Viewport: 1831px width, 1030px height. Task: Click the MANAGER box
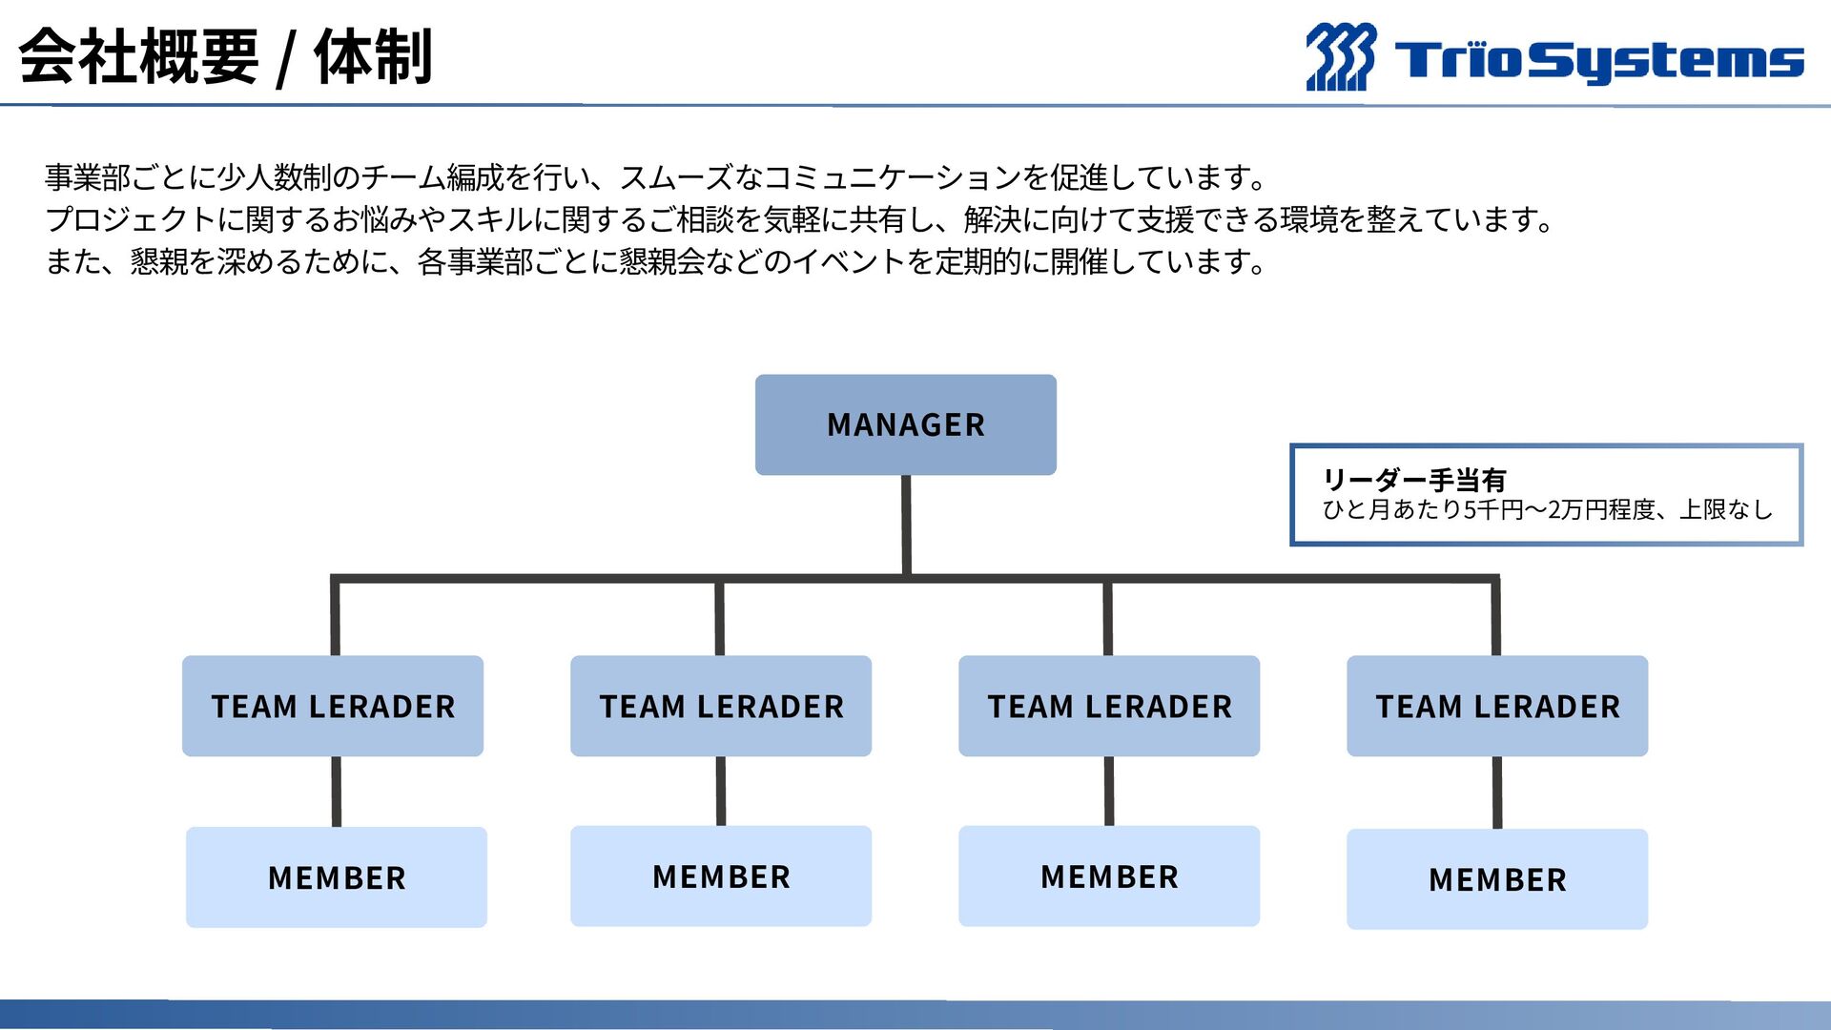[905, 424]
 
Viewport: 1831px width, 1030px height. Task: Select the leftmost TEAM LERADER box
[333, 706]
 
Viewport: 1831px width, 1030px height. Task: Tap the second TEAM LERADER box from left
[721, 706]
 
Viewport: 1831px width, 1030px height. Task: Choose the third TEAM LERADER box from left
[1109, 706]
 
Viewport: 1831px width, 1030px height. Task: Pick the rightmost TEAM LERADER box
[1497, 706]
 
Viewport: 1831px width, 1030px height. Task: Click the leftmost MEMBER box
[337, 877]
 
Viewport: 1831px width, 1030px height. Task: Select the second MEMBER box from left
[721, 876]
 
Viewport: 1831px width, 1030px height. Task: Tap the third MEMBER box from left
[1109, 876]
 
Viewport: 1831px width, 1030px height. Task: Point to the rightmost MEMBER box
[1497, 879]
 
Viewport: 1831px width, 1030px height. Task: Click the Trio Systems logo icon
[1340, 57]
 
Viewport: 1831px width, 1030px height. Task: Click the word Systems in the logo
[1671, 61]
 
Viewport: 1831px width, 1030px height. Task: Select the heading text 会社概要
[139, 57]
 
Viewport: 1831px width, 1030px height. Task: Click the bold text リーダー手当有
[1413, 480]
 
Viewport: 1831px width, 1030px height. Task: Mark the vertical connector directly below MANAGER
[906, 525]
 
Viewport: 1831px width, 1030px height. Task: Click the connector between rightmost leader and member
[1497, 793]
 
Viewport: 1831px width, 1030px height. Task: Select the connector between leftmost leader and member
[337, 792]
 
